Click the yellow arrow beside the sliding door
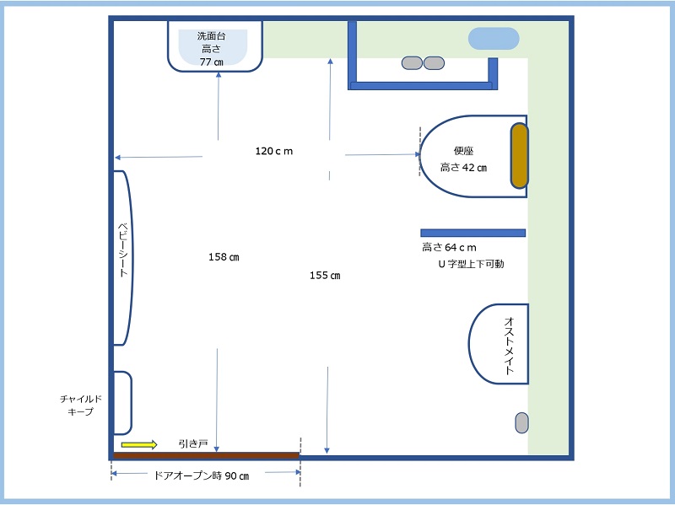(x=139, y=445)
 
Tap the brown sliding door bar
(x=206, y=455)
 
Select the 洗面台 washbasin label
(x=211, y=36)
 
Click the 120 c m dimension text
(x=273, y=151)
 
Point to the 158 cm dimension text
(x=224, y=257)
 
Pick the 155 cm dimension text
(x=325, y=276)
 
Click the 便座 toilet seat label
(x=463, y=151)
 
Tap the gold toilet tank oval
(x=519, y=156)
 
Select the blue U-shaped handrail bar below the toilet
(x=472, y=233)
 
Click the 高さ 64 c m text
(x=449, y=247)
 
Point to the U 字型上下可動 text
(x=471, y=264)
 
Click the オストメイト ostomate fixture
(x=499, y=344)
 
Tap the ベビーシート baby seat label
(x=123, y=250)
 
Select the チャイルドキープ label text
(x=81, y=406)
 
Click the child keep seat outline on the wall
(x=122, y=403)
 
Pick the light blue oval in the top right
(x=494, y=38)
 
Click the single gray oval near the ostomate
(x=521, y=422)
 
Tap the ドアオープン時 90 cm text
(x=202, y=475)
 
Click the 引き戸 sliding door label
(x=193, y=443)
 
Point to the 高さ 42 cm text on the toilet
(x=463, y=167)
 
